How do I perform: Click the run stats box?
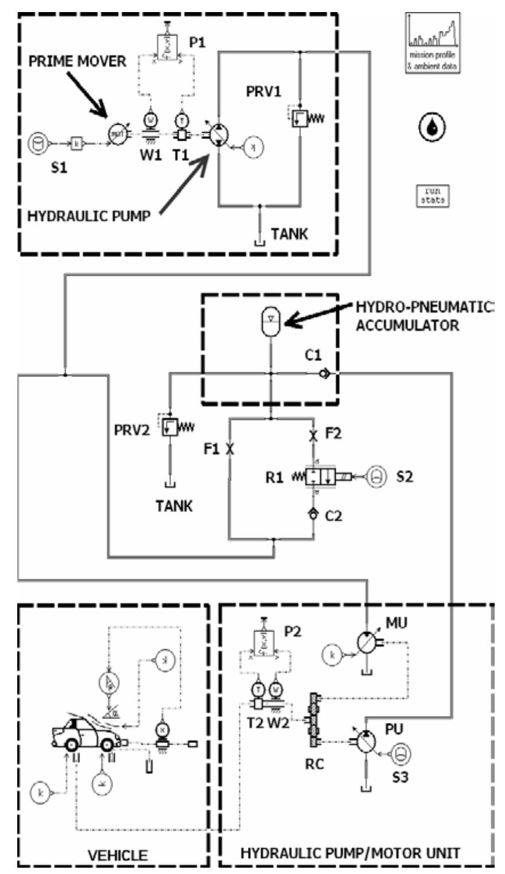point(433,195)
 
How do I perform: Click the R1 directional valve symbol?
point(314,476)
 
